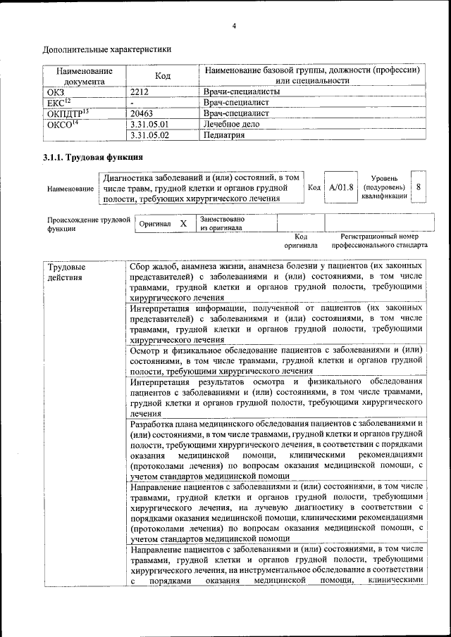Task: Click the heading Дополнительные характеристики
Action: [x=107, y=49]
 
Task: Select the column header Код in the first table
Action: [x=163, y=76]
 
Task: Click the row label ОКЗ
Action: [x=55, y=92]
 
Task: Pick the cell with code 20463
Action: [x=142, y=113]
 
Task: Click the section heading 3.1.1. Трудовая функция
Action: [x=93, y=157]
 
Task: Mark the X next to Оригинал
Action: [x=183, y=223]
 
